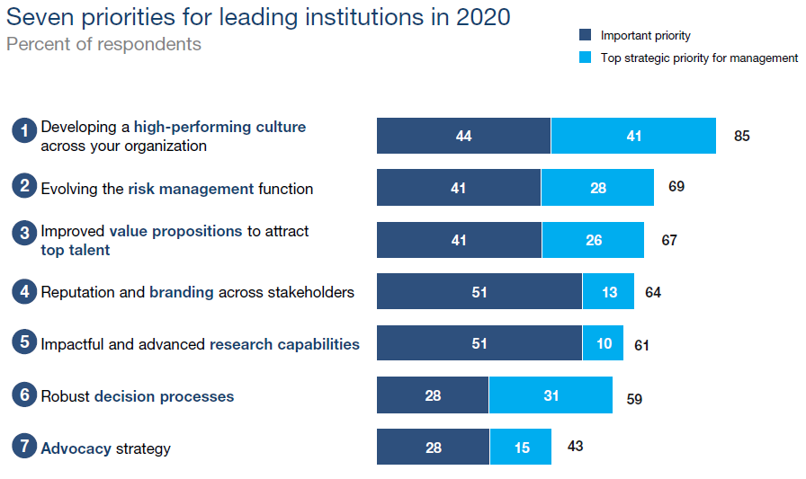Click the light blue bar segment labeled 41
(633, 136)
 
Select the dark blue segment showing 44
(463, 136)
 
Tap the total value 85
(742, 136)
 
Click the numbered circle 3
(24, 233)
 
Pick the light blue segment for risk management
(598, 188)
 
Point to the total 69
(676, 186)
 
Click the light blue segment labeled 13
(609, 291)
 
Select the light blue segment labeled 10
(603, 343)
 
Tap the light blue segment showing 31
(551, 395)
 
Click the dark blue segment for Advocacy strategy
(433, 447)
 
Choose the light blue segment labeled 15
(521, 447)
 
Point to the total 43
(575, 446)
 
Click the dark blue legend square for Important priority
(585, 35)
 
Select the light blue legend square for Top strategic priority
(585, 58)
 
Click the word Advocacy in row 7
(76, 448)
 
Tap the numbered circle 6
(24, 395)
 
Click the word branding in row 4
(182, 292)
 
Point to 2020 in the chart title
(483, 17)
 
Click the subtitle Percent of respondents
(103, 44)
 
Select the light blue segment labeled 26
(593, 240)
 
